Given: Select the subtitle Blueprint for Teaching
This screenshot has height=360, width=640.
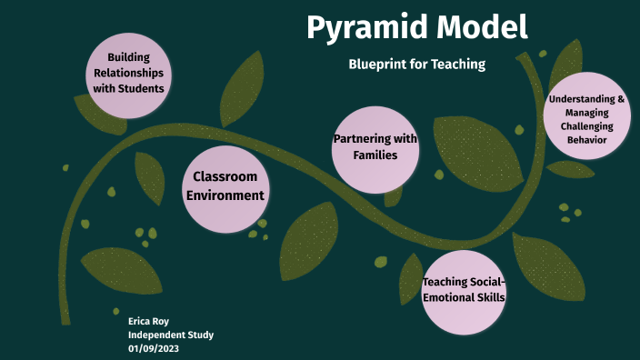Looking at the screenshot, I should tap(417, 65).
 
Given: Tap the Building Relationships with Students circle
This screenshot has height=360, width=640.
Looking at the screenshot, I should tap(128, 74).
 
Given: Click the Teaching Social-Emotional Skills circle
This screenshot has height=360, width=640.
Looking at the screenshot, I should tap(464, 290).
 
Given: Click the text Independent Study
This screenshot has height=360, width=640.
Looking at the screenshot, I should tap(171, 335).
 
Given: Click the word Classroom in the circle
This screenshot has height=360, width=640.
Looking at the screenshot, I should tap(225, 176).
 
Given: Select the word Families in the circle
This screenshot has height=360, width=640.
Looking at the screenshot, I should tap(375, 155).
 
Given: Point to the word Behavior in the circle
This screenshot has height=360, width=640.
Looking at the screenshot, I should tap(586, 140).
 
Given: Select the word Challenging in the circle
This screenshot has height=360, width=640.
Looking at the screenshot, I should tap(586, 126).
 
